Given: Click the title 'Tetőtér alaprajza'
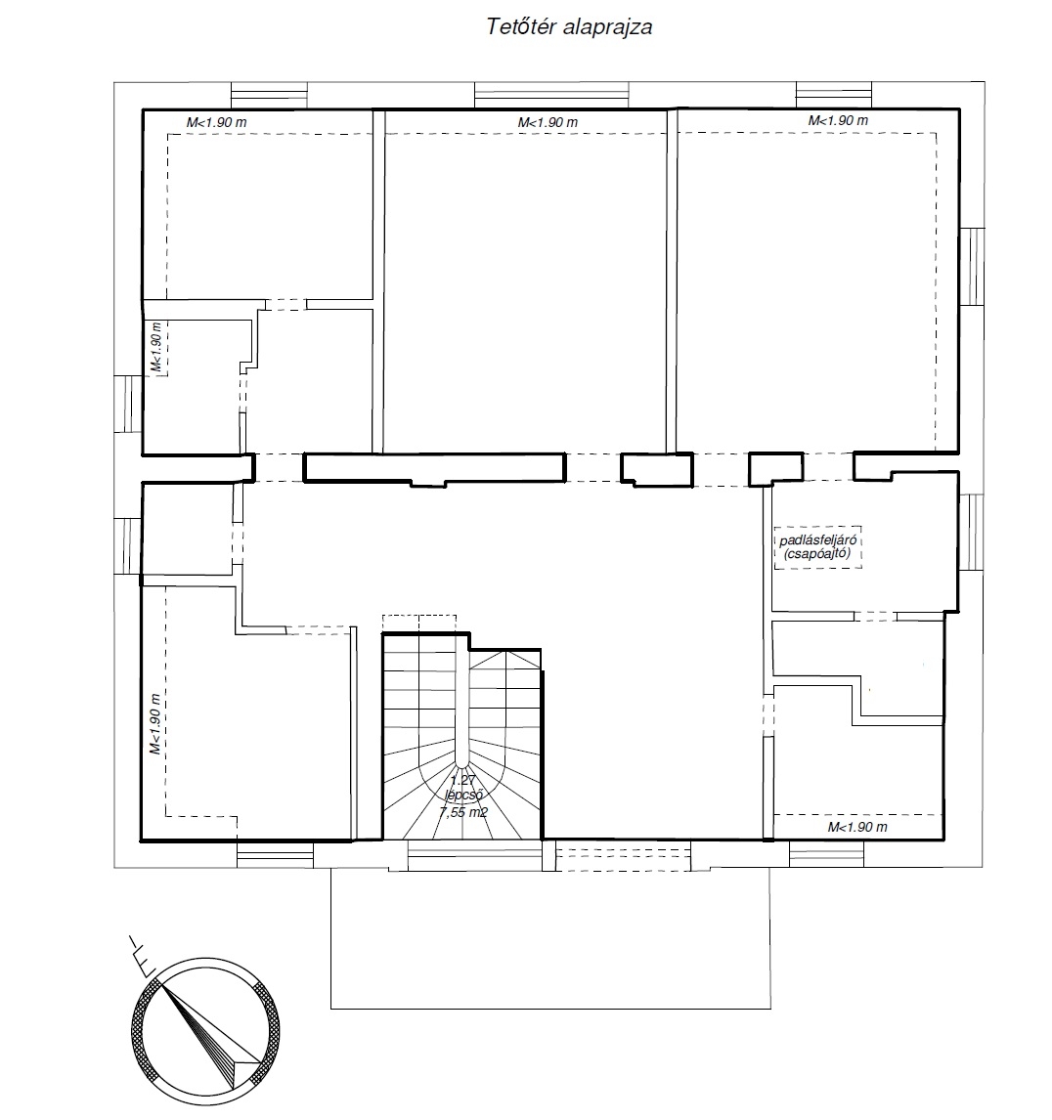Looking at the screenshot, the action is tap(569, 27).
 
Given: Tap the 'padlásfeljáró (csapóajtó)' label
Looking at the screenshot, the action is tap(817, 547).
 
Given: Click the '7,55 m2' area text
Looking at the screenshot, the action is tap(463, 811).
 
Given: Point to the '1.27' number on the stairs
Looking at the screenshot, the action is tap(463, 781).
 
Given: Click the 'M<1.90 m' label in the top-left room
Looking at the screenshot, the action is tap(216, 123).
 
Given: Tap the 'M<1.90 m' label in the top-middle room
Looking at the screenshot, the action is tap(548, 123).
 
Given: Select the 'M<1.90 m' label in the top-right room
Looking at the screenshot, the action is tap(838, 121).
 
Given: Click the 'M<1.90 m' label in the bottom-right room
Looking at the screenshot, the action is tap(857, 827).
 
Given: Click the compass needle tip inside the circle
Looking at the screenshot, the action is tap(161, 985).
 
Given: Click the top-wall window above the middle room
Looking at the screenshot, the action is tap(551, 96).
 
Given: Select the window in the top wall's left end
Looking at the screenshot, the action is tap(270, 96).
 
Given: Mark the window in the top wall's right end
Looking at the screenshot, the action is tap(834, 96).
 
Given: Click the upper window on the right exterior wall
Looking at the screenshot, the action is tap(971, 267).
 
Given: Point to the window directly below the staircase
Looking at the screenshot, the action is tap(474, 855).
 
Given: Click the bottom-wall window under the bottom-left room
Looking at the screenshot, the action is tap(275, 854).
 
